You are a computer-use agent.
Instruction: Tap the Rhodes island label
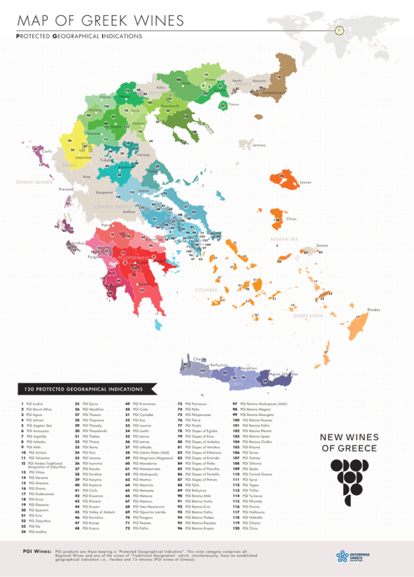tap(373, 310)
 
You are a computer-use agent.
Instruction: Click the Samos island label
tap(322, 245)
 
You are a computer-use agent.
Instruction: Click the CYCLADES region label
tap(206, 290)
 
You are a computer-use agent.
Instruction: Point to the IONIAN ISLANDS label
tap(34, 182)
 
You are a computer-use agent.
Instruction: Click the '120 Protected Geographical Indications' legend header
tap(83, 389)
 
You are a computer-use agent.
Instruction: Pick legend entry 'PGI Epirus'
tap(88, 404)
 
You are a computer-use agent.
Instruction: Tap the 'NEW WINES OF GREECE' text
tap(349, 442)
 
